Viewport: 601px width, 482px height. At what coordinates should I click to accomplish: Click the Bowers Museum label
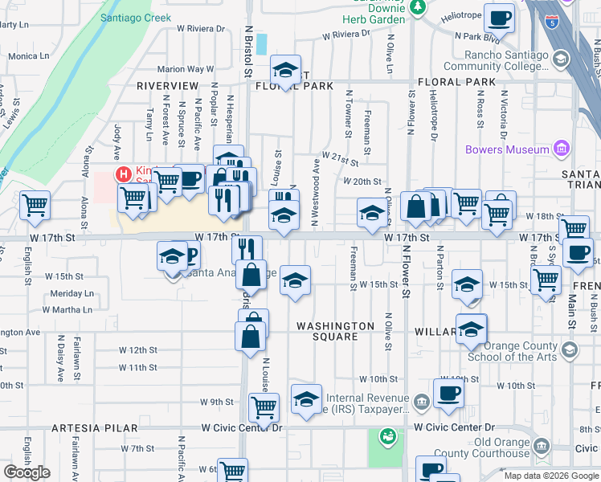tap(507, 149)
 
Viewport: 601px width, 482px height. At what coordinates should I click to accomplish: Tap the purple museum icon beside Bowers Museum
tap(562, 149)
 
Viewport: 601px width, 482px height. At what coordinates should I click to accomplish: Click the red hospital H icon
tap(124, 174)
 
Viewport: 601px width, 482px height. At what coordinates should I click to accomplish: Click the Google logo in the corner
tap(27, 472)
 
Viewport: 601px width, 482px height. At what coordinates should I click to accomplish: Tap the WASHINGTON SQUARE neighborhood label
tap(335, 331)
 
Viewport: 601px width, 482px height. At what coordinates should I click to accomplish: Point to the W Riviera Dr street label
tap(346, 35)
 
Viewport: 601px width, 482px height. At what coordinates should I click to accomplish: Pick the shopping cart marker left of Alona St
tap(35, 206)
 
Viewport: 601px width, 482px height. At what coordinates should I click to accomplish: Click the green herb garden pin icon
tap(417, 7)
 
